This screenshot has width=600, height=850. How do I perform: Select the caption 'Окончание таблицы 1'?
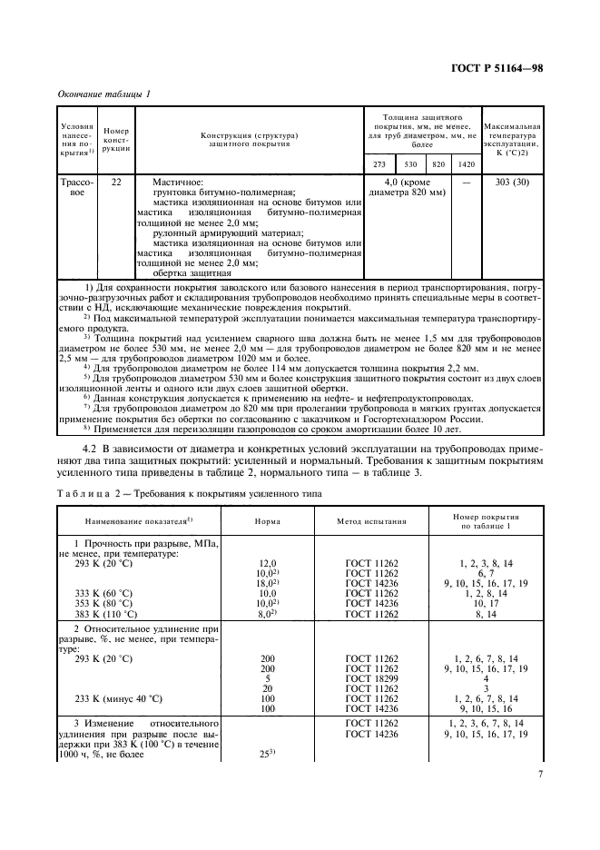[104, 94]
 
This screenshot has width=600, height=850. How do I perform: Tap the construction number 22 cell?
[116, 182]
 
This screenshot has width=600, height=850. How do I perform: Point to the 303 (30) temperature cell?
[512, 182]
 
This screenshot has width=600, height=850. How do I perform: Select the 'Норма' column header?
[267, 522]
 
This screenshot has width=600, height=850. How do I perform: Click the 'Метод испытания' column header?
[372, 522]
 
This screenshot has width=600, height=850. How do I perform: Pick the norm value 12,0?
[267, 563]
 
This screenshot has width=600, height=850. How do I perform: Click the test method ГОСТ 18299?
[372, 678]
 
